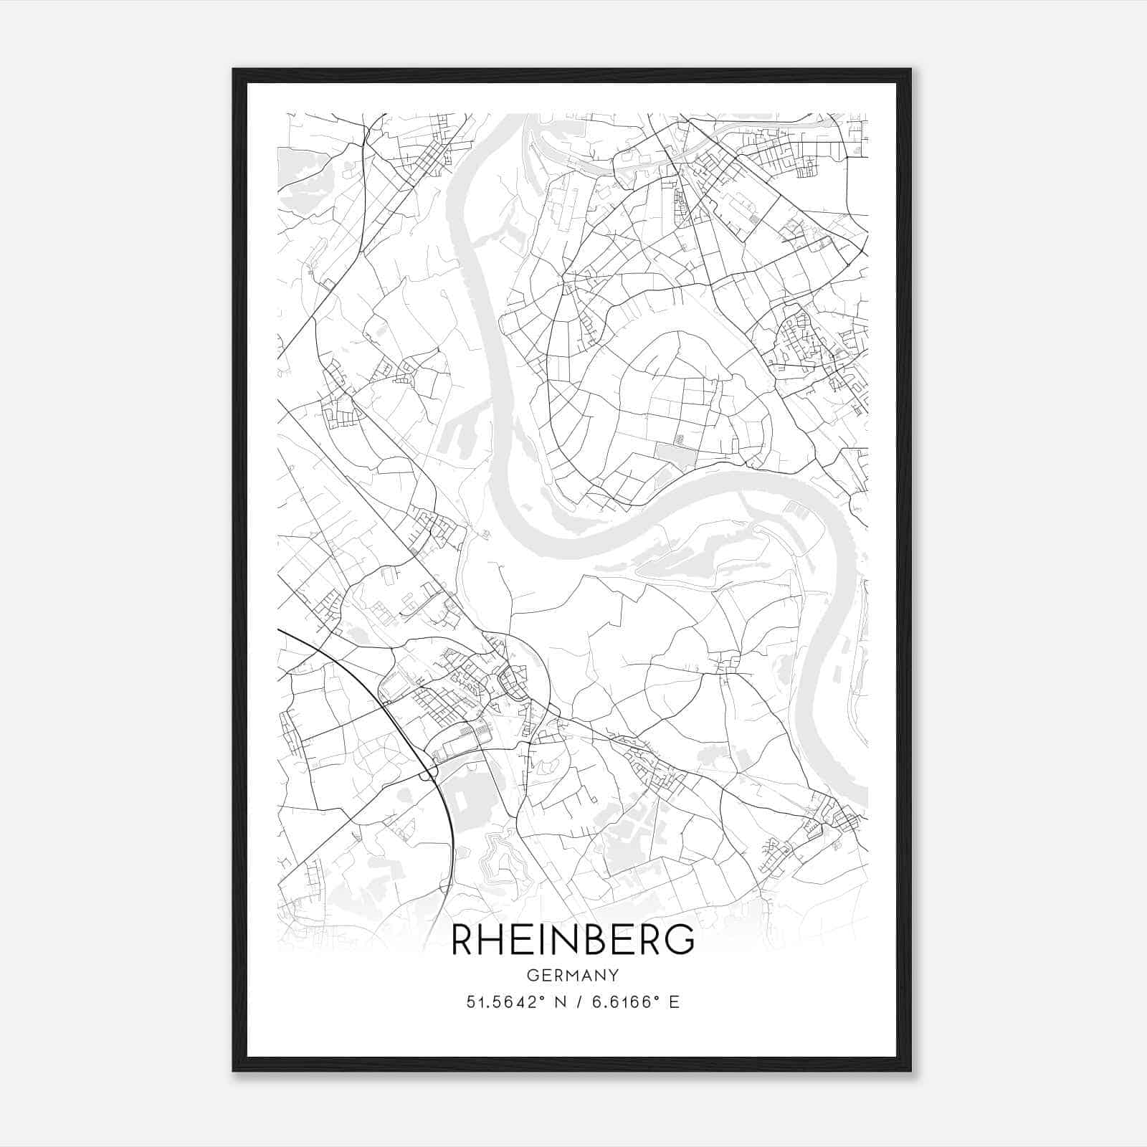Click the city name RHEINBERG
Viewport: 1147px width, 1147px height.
[573, 940]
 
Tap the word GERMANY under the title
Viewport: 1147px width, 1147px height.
[573, 975]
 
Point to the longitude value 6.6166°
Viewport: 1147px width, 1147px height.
[619, 1001]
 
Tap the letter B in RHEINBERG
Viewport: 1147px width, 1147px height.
[600, 940]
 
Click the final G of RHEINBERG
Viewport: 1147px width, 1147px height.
[681, 940]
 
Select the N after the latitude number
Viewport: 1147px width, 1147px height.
[552, 1001]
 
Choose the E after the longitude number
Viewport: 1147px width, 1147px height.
[673, 1001]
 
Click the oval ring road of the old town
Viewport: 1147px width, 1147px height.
[512, 681]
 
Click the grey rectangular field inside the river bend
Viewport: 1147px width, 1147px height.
[676, 454]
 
